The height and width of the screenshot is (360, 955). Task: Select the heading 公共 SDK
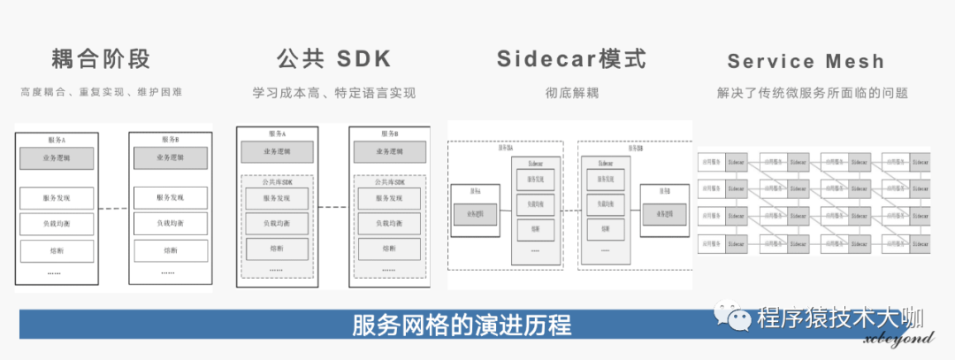333,59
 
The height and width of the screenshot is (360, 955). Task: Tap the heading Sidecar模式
570,59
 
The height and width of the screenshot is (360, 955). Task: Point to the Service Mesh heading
806,61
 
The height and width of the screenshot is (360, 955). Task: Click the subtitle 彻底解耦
572,92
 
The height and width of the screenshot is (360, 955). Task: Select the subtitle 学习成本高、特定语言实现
333,92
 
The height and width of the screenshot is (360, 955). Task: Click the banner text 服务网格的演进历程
462,324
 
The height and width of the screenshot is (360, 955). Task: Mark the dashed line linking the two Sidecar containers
570,212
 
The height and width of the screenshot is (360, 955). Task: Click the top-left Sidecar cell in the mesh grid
737,164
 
